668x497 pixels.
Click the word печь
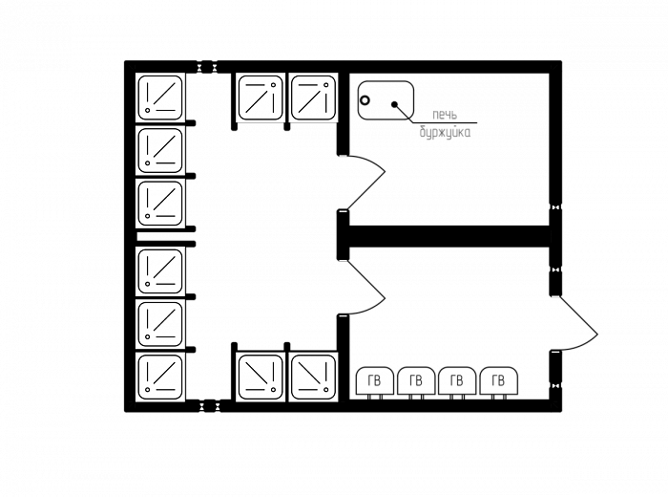pos(445,115)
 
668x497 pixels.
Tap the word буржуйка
pos(446,132)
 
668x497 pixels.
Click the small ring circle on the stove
pos(365,100)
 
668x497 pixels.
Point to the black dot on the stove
pos(394,104)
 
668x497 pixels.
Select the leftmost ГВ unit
pos(375,381)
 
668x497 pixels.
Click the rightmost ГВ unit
pos(499,381)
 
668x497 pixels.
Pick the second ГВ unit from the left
pos(416,381)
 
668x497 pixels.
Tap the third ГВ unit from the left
pos(457,381)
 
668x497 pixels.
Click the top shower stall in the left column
pos(160,97)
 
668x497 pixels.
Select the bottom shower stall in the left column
pos(160,377)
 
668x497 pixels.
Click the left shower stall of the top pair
pos(261,97)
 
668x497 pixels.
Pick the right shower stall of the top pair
pos(313,97)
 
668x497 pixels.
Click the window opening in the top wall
pos(207,67)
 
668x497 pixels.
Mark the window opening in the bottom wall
pos(209,405)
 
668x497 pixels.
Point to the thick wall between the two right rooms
pos(449,236)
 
